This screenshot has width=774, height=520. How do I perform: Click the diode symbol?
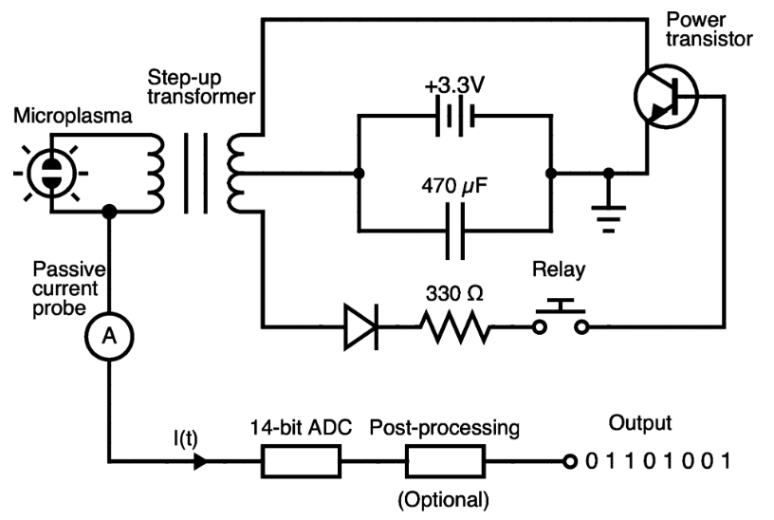click(361, 328)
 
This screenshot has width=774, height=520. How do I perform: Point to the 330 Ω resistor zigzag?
click(456, 328)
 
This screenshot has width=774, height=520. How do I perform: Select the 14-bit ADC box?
click(300, 462)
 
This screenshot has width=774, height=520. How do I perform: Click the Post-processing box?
click(445, 462)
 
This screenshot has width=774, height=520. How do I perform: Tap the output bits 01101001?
click(658, 462)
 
